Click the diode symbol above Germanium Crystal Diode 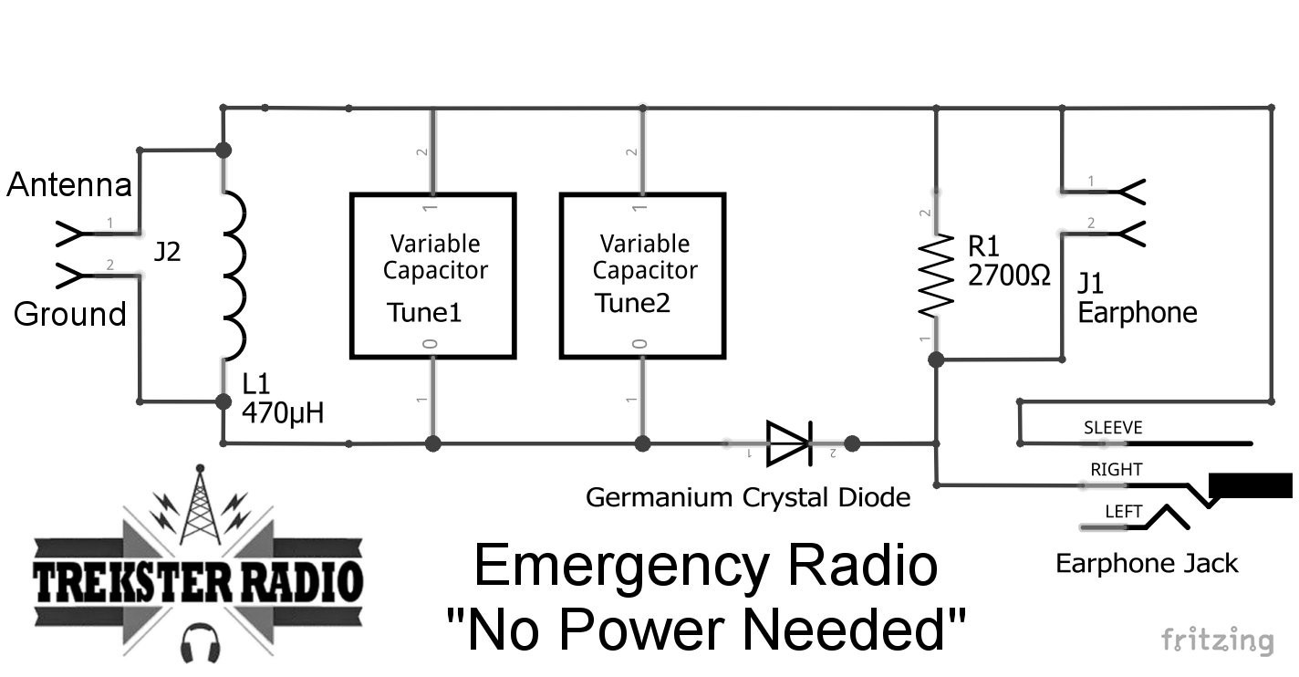click(x=789, y=443)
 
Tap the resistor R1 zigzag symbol click(x=936, y=276)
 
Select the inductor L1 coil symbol click(x=232, y=276)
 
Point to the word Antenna click(x=69, y=185)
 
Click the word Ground click(x=69, y=314)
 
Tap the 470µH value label click(x=283, y=413)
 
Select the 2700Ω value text click(x=1009, y=275)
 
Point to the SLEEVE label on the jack click(x=1112, y=428)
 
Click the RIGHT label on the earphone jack click(x=1116, y=470)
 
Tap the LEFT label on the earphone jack click(x=1123, y=512)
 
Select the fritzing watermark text click(x=1217, y=640)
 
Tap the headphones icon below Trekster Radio click(x=198, y=642)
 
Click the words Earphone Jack click(x=1147, y=563)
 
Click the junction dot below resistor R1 click(x=936, y=360)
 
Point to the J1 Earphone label click(x=1136, y=298)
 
